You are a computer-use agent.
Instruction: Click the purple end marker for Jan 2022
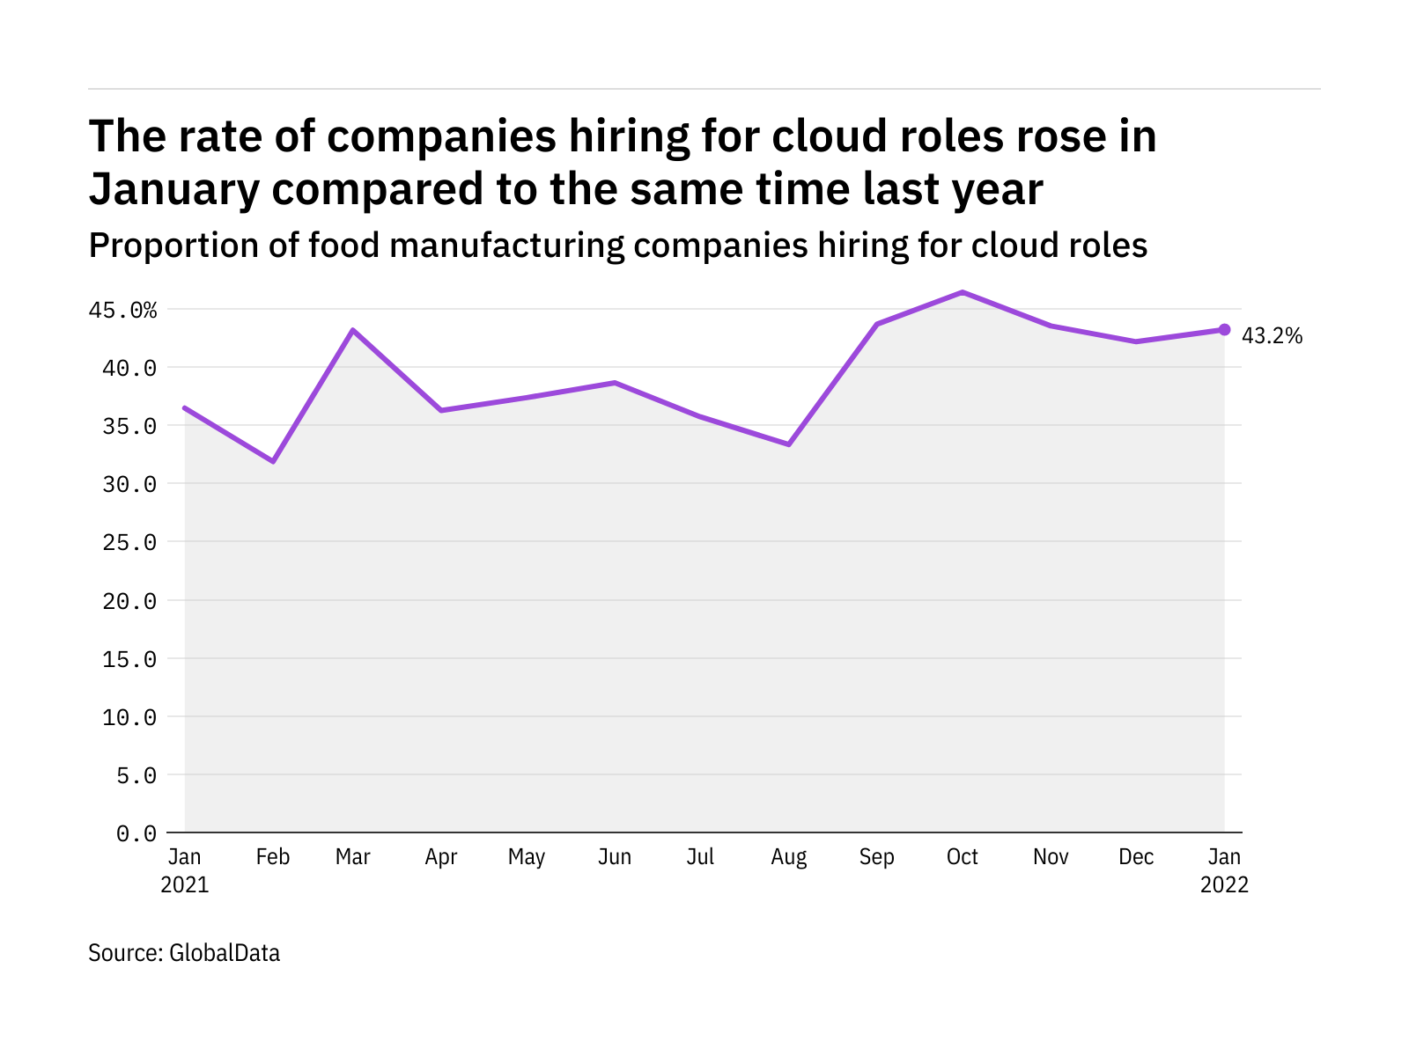(x=1224, y=330)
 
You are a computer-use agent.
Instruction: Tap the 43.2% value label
(x=1272, y=335)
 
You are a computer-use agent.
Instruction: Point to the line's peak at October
(x=963, y=292)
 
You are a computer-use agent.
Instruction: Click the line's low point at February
(x=273, y=461)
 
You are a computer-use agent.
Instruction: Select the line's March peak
(x=352, y=330)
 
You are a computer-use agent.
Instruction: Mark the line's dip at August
(x=789, y=444)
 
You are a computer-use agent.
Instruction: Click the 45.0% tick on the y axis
(x=122, y=311)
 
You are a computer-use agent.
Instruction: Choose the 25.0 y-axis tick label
(x=129, y=543)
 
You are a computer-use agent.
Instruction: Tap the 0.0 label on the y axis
(x=136, y=833)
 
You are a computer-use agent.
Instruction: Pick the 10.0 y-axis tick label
(x=129, y=717)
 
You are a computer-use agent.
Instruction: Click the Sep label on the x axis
(x=876, y=857)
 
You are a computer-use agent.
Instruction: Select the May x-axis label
(x=527, y=857)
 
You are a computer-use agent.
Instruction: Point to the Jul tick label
(x=700, y=857)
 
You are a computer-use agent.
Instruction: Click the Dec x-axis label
(x=1136, y=857)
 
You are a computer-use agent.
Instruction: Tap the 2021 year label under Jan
(x=185, y=884)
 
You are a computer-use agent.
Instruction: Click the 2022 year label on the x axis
(x=1224, y=884)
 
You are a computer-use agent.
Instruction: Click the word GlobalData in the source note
(x=225, y=953)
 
